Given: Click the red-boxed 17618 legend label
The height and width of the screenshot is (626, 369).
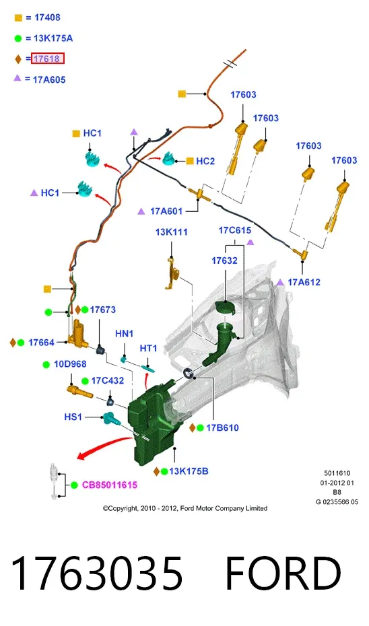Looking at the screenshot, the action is coord(48,59).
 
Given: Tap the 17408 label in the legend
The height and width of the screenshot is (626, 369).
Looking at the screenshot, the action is coord(48,18).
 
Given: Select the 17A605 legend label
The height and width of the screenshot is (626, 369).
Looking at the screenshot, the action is coord(49,80).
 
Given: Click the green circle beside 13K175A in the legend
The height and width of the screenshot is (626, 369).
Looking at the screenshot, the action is coord(18,39).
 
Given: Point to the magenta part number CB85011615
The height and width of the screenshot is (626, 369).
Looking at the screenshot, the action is coord(110,485).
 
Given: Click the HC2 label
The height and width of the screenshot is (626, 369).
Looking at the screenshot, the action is coord(205,161).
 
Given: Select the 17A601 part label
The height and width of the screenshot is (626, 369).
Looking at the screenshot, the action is coord(166,211).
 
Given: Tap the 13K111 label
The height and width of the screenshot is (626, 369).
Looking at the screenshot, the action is coord(171,232).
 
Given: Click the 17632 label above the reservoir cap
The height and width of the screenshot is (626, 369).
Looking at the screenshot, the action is coord(224,260).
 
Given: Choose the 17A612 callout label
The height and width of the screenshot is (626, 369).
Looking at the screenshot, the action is coord(304,282).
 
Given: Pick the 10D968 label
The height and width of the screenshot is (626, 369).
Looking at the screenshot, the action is coord(70,364).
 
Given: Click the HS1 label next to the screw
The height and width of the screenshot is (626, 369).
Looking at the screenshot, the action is coord(73,417).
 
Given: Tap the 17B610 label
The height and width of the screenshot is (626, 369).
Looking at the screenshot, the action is coord(222,428).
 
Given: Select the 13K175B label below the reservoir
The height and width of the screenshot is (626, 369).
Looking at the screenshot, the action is coord(189,471).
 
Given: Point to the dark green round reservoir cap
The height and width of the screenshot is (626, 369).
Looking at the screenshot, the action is coord(225,308).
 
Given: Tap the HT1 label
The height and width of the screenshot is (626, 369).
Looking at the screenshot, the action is coord(148,349).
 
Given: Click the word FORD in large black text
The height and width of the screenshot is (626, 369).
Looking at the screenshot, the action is coord(283,573).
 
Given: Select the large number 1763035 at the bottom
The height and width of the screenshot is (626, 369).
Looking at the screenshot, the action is coord(97,573).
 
